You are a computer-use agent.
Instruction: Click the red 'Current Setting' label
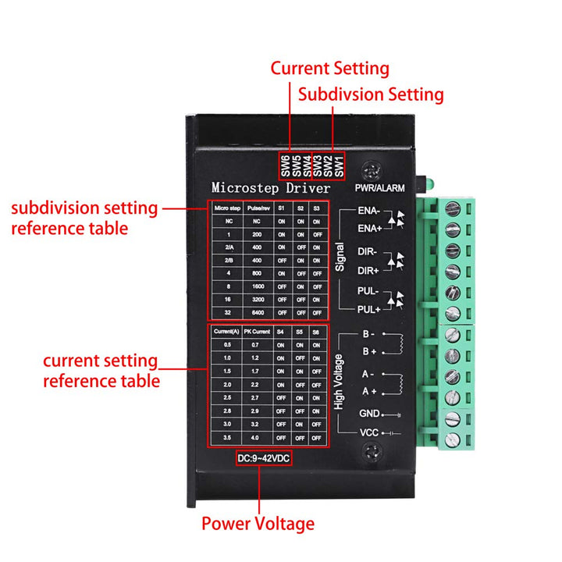click(x=329, y=68)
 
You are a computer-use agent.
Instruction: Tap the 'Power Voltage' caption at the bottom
click(x=258, y=524)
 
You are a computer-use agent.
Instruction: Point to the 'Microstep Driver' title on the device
click(x=271, y=188)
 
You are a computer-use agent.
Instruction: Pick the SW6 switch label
click(x=286, y=165)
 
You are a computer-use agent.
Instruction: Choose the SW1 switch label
click(x=339, y=165)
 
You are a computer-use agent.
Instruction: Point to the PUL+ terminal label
click(x=368, y=310)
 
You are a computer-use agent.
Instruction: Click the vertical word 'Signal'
click(x=340, y=256)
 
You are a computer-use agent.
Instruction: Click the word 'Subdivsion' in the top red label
click(x=336, y=94)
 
